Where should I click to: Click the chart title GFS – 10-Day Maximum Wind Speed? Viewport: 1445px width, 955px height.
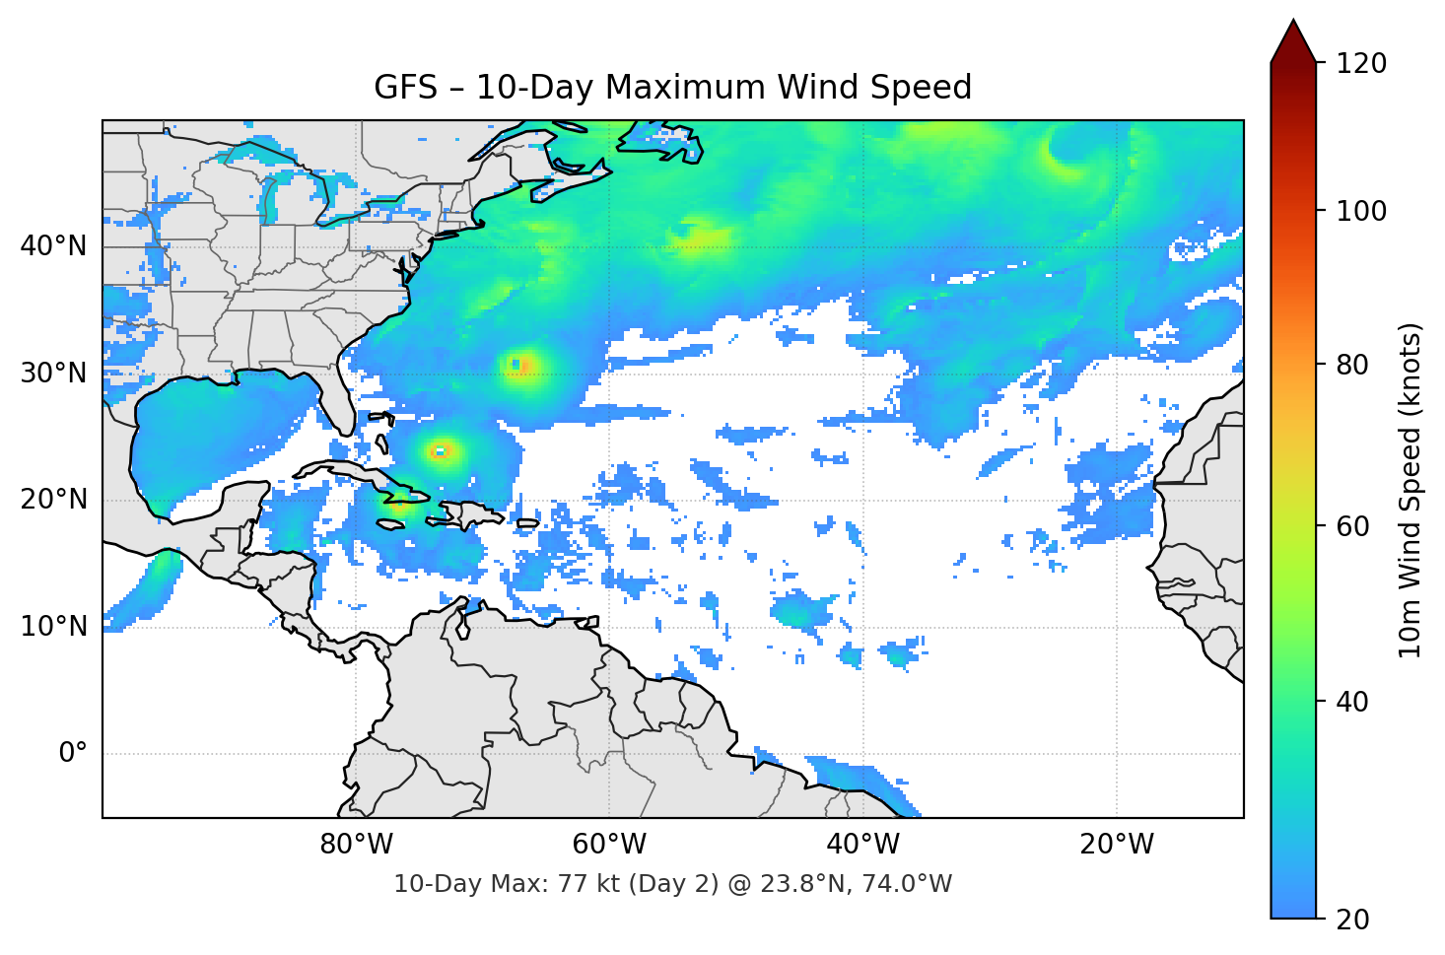pyautogui.click(x=672, y=88)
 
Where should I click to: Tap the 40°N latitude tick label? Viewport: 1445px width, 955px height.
pyautogui.click(x=53, y=246)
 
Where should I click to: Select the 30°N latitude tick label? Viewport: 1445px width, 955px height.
pyautogui.click(x=53, y=374)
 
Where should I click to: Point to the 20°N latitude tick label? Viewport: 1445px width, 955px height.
pyautogui.click(x=53, y=500)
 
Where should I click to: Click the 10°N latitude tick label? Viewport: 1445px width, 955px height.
pyautogui.click(x=53, y=627)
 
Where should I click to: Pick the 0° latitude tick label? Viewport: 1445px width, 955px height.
pyautogui.click(x=72, y=754)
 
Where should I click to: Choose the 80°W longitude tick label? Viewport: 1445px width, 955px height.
pyautogui.click(x=356, y=845)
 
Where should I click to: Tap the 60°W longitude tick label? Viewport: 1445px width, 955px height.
pyautogui.click(x=609, y=845)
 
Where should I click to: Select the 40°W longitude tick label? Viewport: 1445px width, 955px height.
pyautogui.click(x=862, y=845)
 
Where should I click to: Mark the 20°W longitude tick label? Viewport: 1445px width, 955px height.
pyautogui.click(x=1116, y=845)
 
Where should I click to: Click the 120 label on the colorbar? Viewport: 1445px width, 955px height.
pyautogui.click(x=1361, y=64)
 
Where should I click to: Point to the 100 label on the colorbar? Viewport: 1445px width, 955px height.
pyautogui.click(x=1361, y=211)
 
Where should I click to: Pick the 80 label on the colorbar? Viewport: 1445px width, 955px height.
pyautogui.click(x=1352, y=365)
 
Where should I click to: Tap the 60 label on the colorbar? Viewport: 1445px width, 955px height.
pyautogui.click(x=1352, y=526)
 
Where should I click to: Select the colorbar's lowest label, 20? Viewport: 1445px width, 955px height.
pyautogui.click(x=1352, y=920)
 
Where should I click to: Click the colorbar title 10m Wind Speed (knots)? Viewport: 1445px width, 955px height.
pyautogui.click(x=1411, y=490)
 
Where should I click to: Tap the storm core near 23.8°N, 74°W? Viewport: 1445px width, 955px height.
pyautogui.click(x=440, y=451)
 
